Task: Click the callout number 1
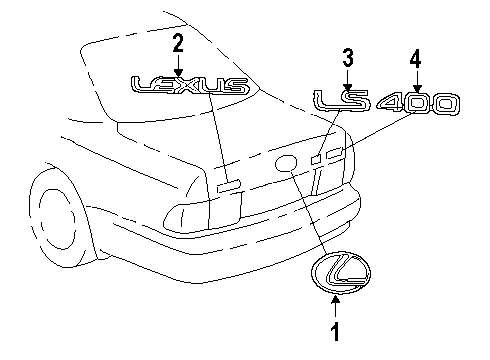click(336, 331)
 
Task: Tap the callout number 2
click(178, 44)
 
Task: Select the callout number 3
click(348, 58)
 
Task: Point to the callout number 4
click(415, 59)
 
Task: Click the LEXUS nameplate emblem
click(191, 85)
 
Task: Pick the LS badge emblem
click(342, 100)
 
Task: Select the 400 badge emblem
click(419, 104)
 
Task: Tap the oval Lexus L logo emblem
click(341, 273)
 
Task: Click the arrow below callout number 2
click(178, 66)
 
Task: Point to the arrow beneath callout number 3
click(348, 79)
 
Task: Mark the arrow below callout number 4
click(416, 81)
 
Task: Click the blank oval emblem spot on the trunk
click(286, 163)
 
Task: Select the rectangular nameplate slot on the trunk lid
click(229, 186)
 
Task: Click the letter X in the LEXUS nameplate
click(181, 86)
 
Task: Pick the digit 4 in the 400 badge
click(392, 104)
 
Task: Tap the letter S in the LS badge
click(356, 100)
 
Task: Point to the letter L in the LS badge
click(325, 100)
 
